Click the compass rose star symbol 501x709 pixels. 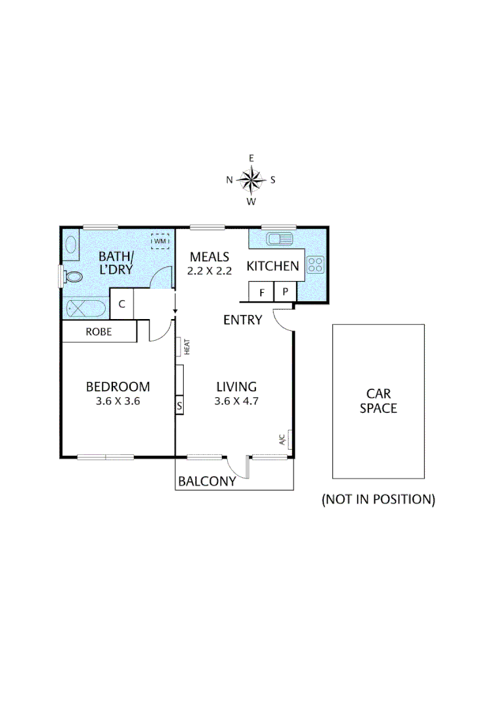click(251, 179)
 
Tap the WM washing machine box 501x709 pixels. click(160, 242)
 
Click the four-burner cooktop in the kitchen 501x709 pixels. click(315, 265)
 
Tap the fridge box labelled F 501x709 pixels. click(261, 292)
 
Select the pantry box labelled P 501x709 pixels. click(285, 292)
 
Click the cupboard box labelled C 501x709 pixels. click(122, 303)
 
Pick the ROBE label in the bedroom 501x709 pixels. click(99, 332)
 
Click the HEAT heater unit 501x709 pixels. click(180, 346)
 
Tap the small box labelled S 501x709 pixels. click(179, 406)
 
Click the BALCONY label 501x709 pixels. click(207, 481)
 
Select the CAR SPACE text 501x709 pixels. click(378, 400)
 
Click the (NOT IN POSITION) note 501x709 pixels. click(378, 499)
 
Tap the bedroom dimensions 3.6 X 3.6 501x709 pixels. click(118, 402)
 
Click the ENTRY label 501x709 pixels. click(242, 320)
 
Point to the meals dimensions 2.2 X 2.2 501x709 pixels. click(209, 270)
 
